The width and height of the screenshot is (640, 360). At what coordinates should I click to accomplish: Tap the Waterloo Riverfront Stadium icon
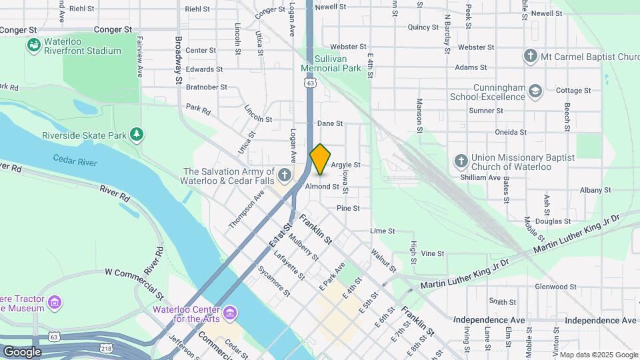(x=33, y=45)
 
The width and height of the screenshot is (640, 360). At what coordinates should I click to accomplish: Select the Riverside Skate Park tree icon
(x=137, y=135)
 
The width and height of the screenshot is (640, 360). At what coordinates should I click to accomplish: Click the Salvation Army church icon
(x=285, y=175)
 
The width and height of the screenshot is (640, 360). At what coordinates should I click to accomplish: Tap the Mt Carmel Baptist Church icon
(x=530, y=56)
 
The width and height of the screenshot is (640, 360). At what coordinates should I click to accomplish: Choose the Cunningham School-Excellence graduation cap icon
(x=535, y=91)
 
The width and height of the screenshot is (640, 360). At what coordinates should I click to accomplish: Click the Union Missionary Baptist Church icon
(x=461, y=161)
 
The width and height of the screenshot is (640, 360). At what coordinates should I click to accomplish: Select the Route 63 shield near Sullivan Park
(x=310, y=83)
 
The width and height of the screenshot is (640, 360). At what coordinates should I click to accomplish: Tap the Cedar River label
(x=75, y=161)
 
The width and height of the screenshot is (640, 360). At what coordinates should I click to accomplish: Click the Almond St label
(x=322, y=187)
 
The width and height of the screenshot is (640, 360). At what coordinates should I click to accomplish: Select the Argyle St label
(x=345, y=165)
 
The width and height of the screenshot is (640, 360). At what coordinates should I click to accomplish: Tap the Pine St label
(x=348, y=208)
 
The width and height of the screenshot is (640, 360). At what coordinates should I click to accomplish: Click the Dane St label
(x=329, y=123)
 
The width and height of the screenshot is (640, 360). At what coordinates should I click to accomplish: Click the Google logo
(x=22, y=351)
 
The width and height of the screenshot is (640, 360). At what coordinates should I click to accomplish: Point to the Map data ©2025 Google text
(x=598, y=355)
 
